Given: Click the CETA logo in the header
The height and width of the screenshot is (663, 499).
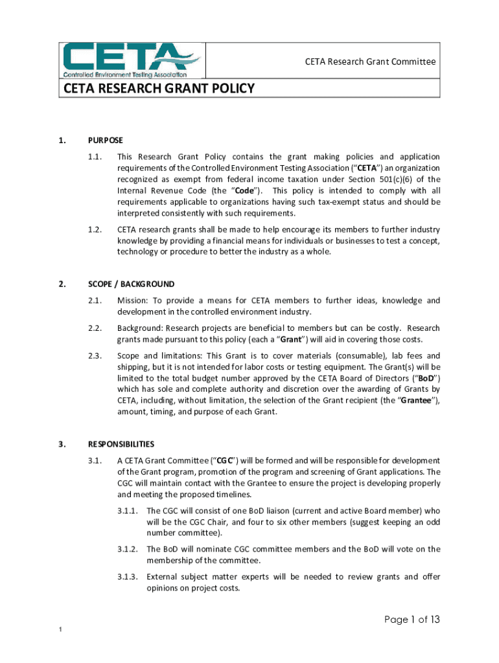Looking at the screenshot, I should (133, 60).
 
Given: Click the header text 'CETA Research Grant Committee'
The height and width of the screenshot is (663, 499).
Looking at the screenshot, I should (370, 62).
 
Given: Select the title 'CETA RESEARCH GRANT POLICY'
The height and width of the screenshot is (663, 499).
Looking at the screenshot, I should (159, 89).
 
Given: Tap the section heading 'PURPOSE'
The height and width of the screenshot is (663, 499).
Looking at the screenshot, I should (106, 140).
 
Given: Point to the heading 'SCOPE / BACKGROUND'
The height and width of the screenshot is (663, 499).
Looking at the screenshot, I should (131, 284).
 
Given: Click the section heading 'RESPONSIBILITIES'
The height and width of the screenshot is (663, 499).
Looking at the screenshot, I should (121, 444).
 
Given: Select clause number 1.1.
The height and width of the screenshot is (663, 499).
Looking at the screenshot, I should (95, 157).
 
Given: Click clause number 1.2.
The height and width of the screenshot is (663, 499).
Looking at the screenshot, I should (95, 230).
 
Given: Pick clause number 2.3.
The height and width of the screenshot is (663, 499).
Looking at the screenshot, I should (95, 356).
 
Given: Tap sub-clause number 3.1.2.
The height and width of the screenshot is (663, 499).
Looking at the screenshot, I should (128, 549).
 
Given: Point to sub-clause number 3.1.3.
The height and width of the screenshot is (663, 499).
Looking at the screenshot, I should (128, 577).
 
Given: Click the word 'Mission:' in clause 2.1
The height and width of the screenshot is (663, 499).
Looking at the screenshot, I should (132, 300).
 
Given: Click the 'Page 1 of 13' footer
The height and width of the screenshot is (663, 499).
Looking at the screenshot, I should (412, 620).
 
